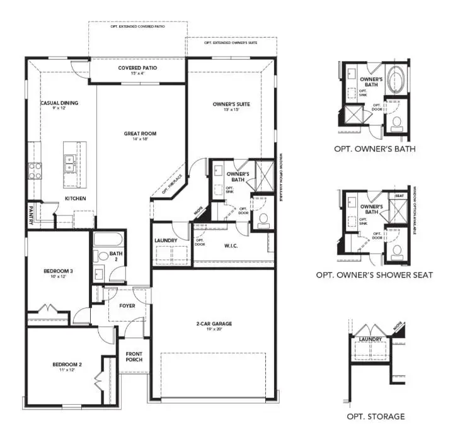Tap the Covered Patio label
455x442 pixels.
click(137, 68)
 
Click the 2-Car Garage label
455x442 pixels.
click(214, 324)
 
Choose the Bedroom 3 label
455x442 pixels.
click(58, 271)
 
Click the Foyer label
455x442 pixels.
click(127, 306)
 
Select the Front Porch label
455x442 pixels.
click(134, 356)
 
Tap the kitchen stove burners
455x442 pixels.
click(34, 170)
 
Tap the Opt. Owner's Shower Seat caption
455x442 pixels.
click(374, 275)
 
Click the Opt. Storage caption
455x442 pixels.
click(376, 416)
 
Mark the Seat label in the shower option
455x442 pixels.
click(399, 196)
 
